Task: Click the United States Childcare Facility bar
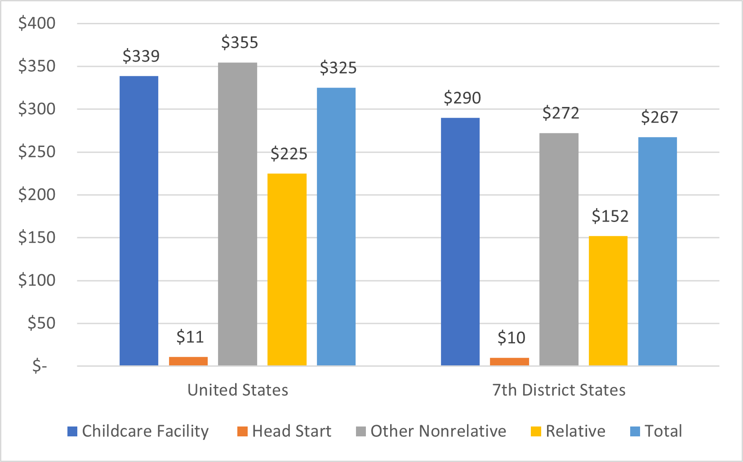coord(139,220)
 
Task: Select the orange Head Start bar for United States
coord(188,361)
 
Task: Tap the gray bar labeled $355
coord(237,213)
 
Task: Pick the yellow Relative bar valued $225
coord(287,270)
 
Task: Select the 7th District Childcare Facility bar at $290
coord(460,241)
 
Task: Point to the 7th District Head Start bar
coord(509,361)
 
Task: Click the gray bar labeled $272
coord(559,249)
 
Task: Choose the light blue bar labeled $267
coord(658,251)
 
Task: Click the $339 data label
coord(141,56)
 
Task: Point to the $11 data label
coord(190,337)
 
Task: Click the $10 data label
coord(512,338)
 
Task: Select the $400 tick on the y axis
coord(37,23)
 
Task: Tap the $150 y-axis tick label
coord(37,237)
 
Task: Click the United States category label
coord(238,390)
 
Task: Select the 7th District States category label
coord(559,390)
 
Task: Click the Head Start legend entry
coord(285,431)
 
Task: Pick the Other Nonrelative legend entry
coord(431,431)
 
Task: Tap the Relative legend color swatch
coord(536,431)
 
